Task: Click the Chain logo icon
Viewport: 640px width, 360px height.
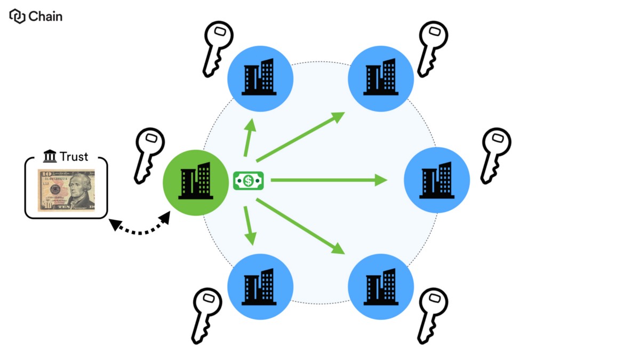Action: (17, 17)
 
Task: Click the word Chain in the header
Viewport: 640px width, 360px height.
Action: (45, 17)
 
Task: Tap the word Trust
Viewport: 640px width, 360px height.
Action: (74, 157)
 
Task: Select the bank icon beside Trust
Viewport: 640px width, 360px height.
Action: (50, 157)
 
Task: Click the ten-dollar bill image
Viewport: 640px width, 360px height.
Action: (66, 190)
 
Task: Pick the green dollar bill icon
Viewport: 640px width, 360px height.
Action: (249, 181)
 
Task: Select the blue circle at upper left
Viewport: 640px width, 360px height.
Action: (260, 78)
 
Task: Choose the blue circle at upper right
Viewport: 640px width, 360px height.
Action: (381, 78)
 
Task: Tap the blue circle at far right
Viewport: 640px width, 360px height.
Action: (437, 181)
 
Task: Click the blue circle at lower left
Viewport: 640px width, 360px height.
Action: (260, 286)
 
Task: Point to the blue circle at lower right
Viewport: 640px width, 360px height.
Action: (381, 286)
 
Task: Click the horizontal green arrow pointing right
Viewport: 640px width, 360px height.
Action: (328, 181)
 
